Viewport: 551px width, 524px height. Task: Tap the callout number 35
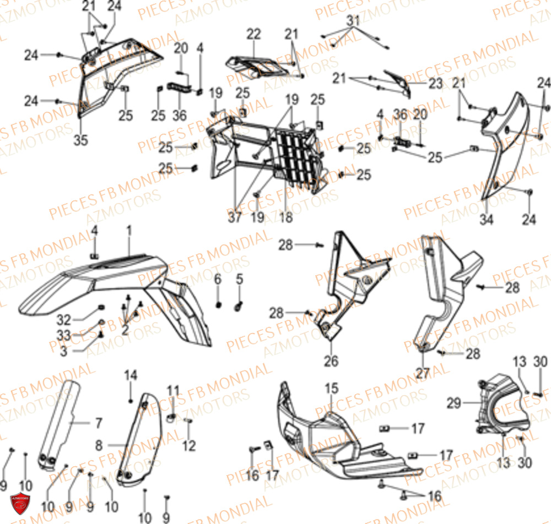click(81, 140)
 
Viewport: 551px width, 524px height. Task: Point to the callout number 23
click(436, 84)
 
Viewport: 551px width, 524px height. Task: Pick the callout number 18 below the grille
click(285, 217)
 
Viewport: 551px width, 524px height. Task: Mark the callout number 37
click(235, 217)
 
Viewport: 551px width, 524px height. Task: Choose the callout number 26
click(332, 362)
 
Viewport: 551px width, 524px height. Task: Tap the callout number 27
click(423, 373)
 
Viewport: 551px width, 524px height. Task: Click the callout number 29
click(453, 403)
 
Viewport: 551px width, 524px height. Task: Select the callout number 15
click(331, 389)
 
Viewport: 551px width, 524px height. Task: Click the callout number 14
click(130, 376)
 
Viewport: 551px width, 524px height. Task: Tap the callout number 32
click(64, 319)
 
